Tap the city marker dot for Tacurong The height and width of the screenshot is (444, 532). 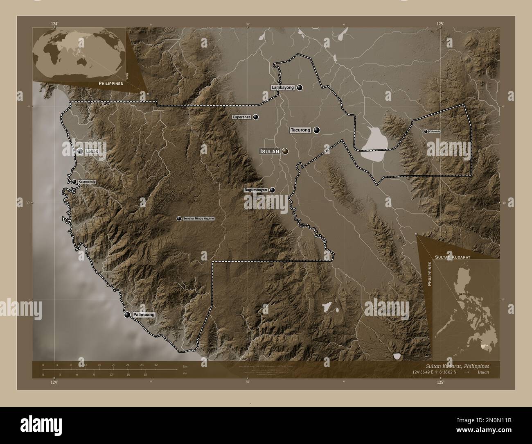pos(317,130)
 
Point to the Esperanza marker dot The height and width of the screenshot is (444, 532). pos(256,117)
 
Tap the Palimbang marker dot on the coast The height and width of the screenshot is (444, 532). pos(127,315)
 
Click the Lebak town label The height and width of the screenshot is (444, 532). pos(90,151)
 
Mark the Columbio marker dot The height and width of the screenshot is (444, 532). pos(426,131)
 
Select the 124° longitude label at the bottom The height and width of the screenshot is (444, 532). pos(54,382)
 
